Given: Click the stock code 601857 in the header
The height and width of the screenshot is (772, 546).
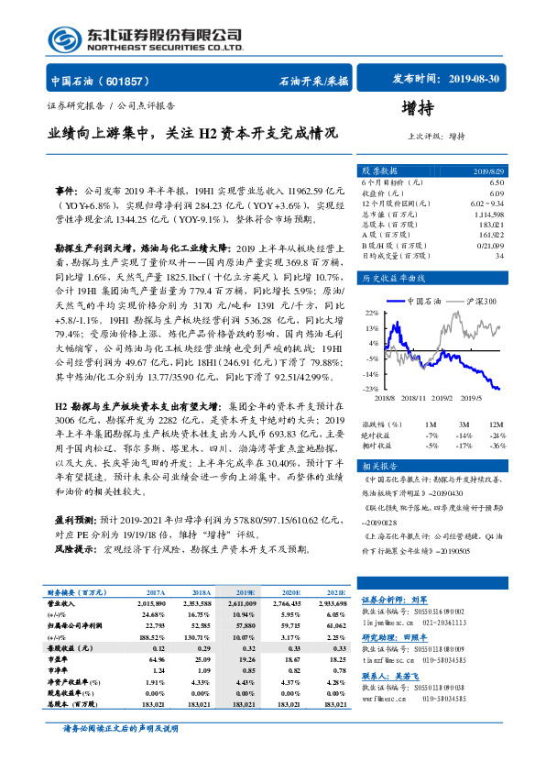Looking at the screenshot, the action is (x=127, y=81).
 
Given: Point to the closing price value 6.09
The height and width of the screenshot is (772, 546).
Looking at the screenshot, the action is (x=496, y=193).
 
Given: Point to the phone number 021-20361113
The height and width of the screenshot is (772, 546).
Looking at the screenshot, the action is (x=458, y=621).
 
